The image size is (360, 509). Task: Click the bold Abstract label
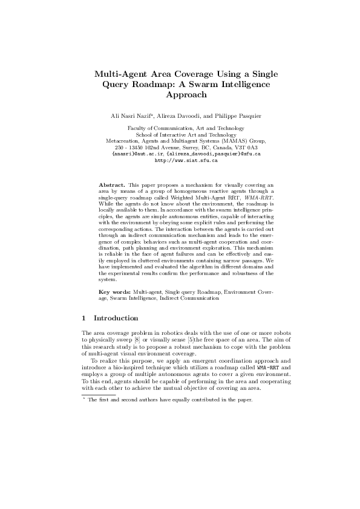(x=111, y=183)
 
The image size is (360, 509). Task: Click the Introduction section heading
(x=116, y=318)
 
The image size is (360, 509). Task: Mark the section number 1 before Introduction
(x=83, y=318)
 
